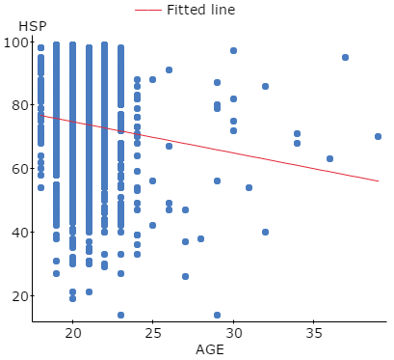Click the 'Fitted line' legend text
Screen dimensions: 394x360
201,10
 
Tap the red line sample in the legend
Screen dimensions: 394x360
147,10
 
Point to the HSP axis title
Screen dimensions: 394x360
33,26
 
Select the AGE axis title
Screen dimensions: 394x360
210,349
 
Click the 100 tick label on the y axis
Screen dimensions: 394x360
16,42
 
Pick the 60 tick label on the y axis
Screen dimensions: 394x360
20,169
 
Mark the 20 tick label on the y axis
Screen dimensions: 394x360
20,296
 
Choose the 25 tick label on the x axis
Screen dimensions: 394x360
153,333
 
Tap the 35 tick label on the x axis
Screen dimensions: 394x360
313,333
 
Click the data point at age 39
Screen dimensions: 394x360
378,137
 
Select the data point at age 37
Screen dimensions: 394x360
345,58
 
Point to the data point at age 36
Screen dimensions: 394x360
329,159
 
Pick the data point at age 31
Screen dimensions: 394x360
249,187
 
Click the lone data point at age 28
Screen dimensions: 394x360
200,238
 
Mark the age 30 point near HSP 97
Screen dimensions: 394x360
233,51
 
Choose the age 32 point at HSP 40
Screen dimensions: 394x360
265,232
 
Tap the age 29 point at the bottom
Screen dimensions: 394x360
217,315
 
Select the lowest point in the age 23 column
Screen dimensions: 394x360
120,315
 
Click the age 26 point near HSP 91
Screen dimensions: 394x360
169,70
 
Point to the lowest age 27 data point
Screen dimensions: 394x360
185,277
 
